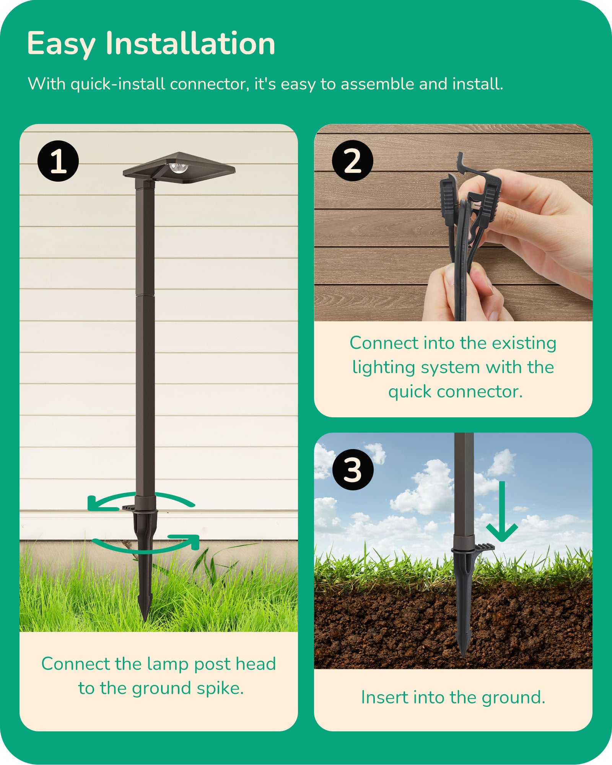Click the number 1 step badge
(x=58, y=161)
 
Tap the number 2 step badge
(x=352, y=161)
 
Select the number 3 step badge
(x=353, y=470)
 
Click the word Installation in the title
(x=190, y=43)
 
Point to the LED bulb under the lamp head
(x=179, y=168)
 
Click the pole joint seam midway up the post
(x=145, y=295)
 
